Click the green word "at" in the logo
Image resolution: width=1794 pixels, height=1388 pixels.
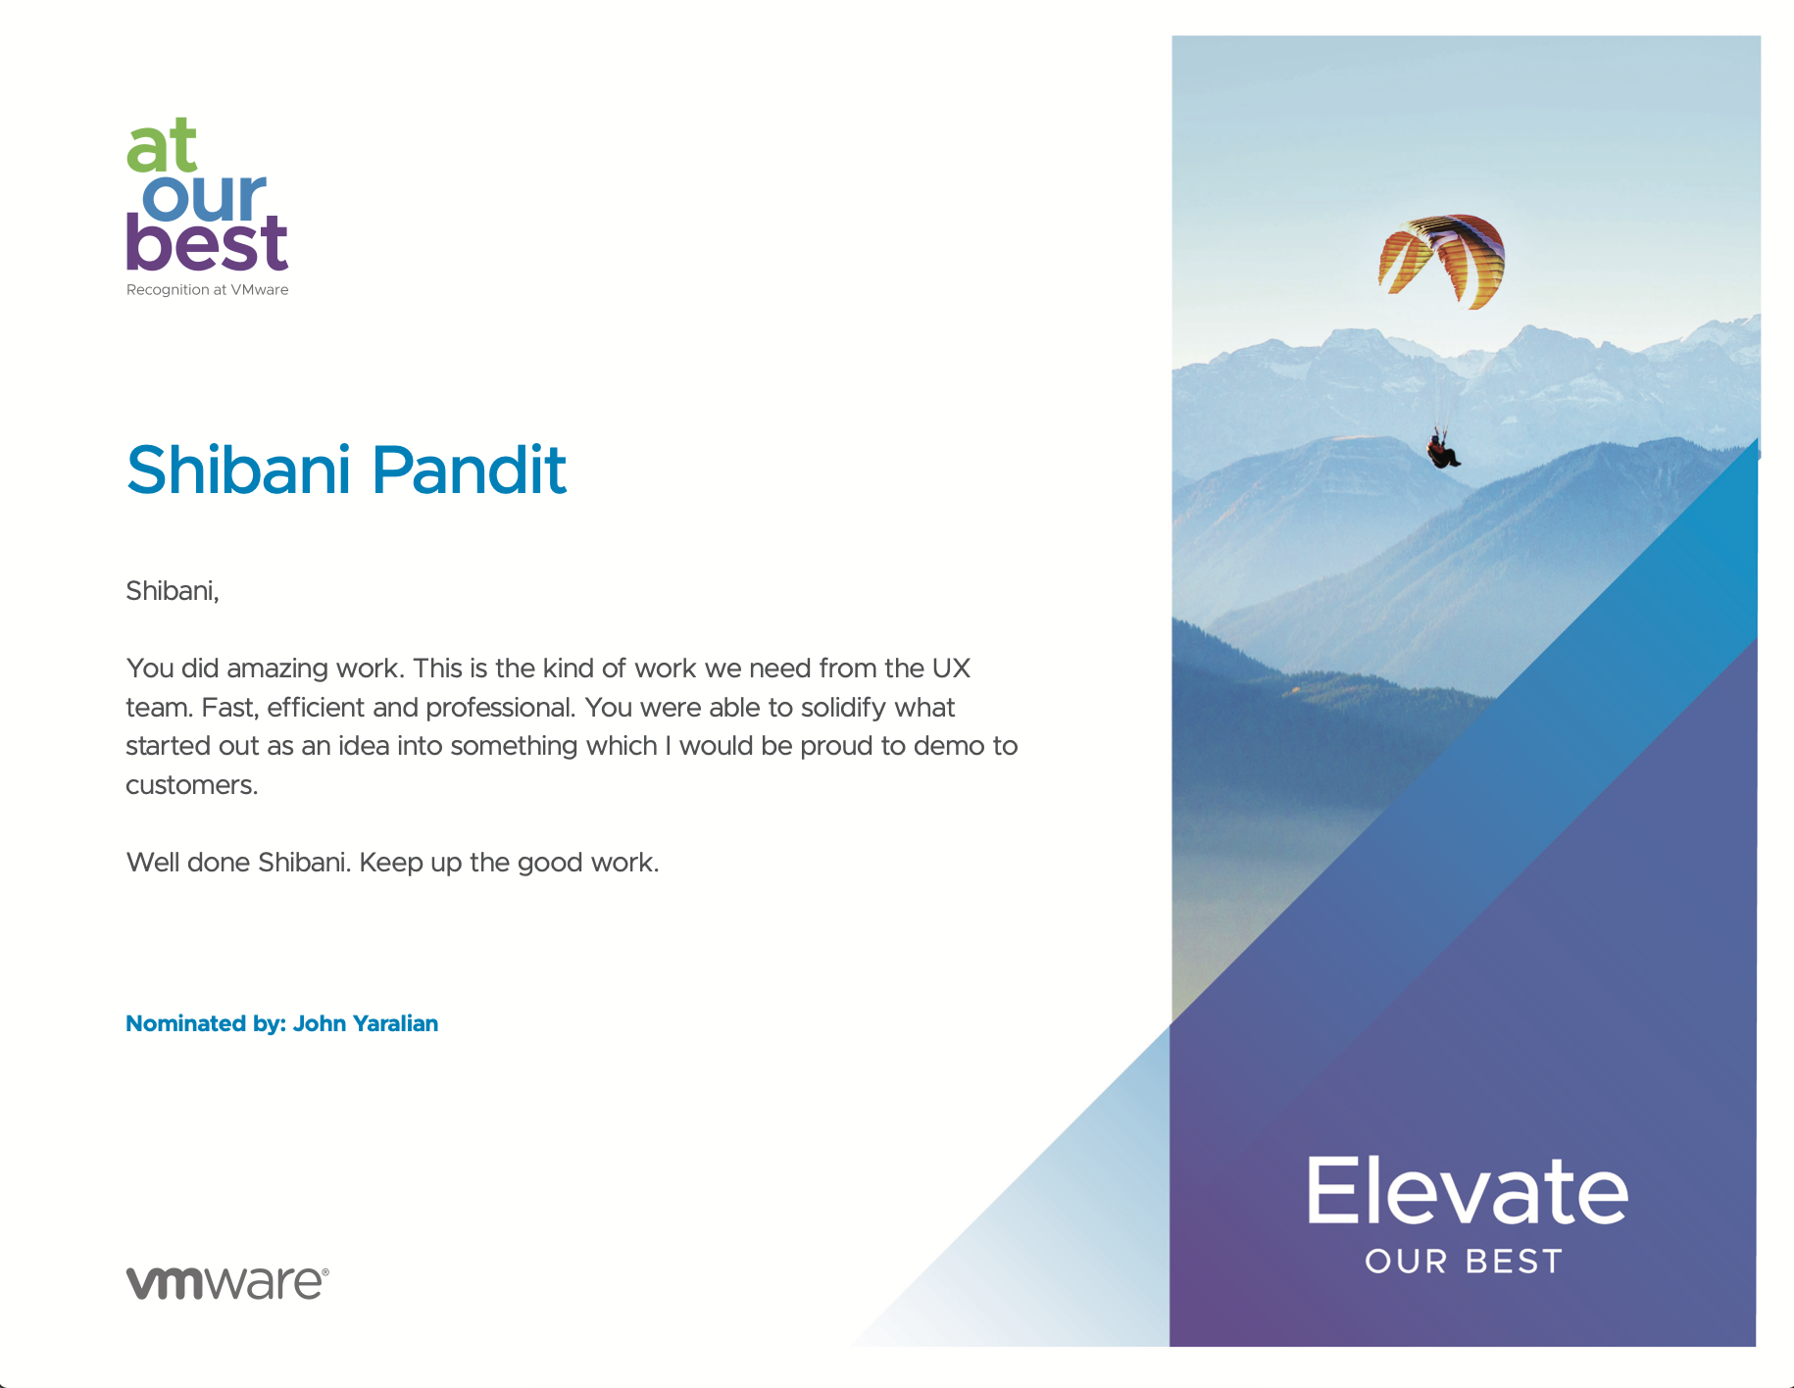pyautogui.click(x=162, y=146)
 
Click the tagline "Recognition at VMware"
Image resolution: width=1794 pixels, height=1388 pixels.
pyautogui.click(x=207, y=290)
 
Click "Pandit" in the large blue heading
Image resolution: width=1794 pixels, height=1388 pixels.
pyautogui.click(x=469, y=470)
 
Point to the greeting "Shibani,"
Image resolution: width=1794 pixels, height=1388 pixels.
pyautogui.click(x=173, y=591)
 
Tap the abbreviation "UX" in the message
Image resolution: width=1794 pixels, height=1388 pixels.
pyautogui.click(x=951, y=669)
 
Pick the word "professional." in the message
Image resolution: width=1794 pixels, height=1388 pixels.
pyautogui.click(x=500, y=708)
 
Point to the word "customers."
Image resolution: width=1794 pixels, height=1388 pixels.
pyautogui.click(x=192, y=785)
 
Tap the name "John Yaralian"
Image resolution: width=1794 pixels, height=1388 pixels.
pyautogui.click(x=366, y=1023)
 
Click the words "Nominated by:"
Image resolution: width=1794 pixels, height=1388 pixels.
pyautogui.click(x=206, y=1023)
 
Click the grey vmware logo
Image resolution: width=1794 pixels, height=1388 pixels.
pyautogui.click(x=227, y=1282)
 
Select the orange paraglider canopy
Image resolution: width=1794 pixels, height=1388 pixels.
pyautogui.click(x=1441, y=260)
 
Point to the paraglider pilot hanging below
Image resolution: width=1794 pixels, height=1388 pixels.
pyautogui.click(x=1443, y=452)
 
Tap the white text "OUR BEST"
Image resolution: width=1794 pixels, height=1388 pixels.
pyautogui.click(x=1464, y=1262)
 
